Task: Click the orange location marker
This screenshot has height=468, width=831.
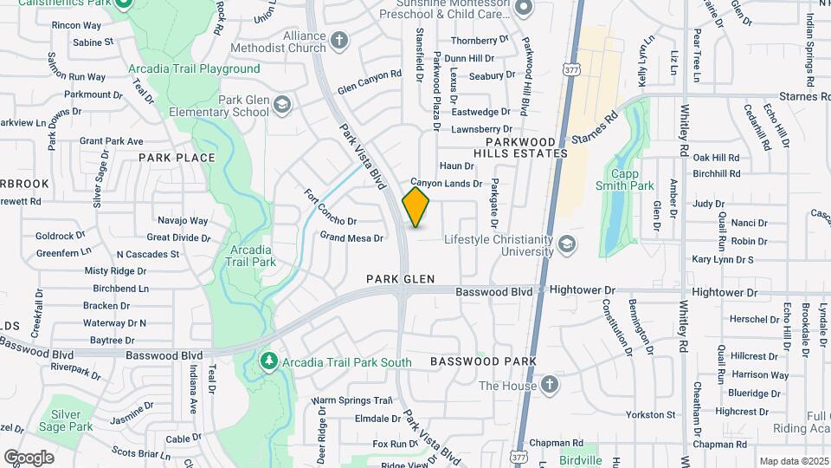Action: pos(416,207)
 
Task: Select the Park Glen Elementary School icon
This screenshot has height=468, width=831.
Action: pos(281,106)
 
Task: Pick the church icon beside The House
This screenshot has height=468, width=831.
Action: pos(549,386)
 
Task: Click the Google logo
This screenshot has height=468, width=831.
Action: pos(29,458)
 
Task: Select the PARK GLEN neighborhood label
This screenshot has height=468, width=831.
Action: pos(399,279)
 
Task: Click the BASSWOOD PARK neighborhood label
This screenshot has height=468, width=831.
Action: pos(483,361)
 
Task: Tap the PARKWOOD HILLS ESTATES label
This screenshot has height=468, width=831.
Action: pos(526,146)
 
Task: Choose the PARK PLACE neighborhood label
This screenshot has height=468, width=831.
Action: pos(177,158)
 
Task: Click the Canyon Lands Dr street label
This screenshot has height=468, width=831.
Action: pos(446,184)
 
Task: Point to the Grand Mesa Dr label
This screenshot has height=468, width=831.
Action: pos(351,237)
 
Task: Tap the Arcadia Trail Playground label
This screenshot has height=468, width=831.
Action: pos(194,68)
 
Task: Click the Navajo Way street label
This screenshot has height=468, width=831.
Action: pos(182,221)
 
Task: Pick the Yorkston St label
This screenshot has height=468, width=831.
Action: pos(650,415)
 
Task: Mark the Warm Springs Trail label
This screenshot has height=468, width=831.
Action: pos(352,400)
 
